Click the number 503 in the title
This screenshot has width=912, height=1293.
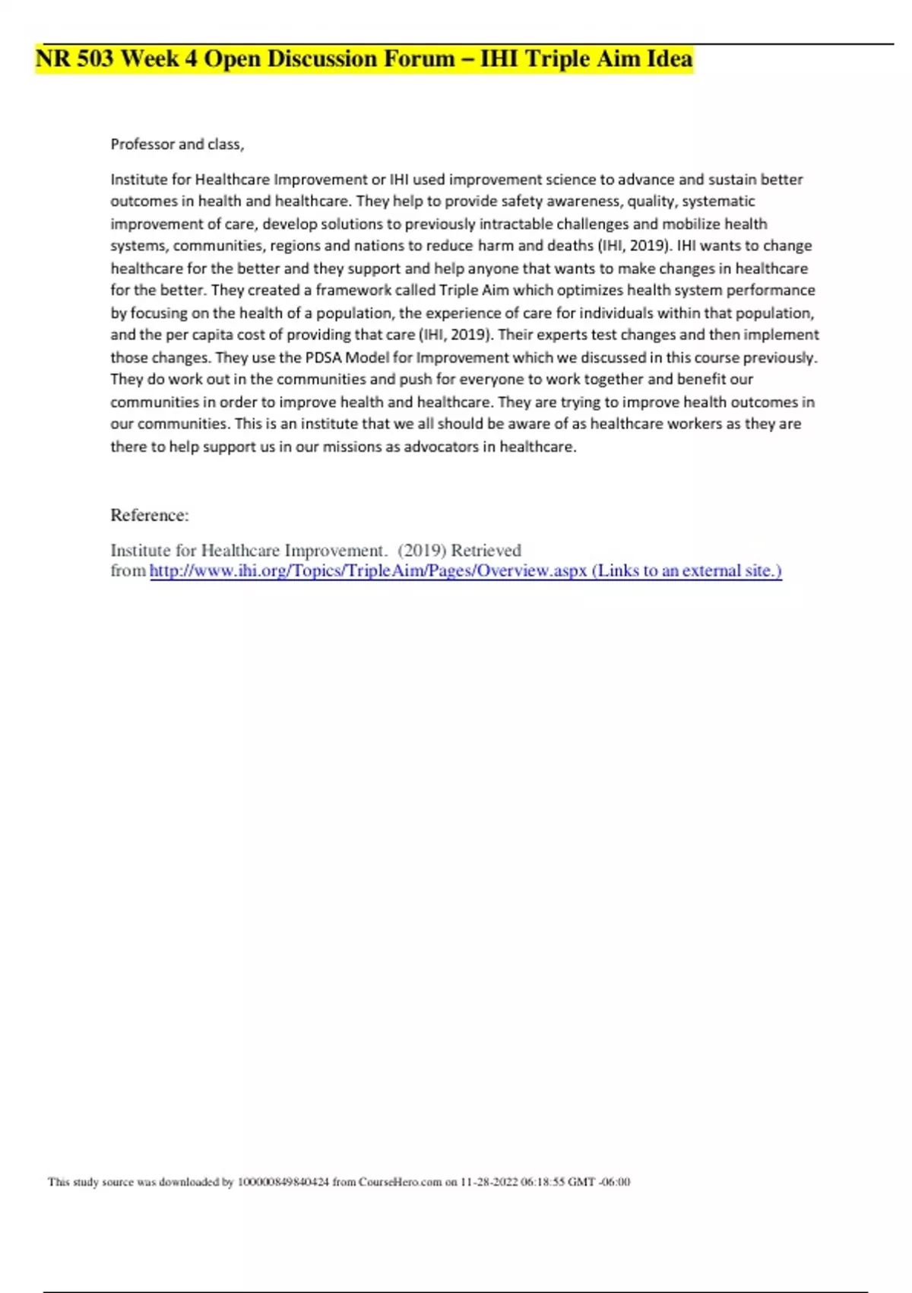coord(95,59)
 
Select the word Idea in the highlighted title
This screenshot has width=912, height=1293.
coord(670,59)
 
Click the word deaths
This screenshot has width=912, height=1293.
coord(570,246)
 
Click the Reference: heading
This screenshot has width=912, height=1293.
coord(150,515)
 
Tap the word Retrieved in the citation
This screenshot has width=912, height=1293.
coord(486,550)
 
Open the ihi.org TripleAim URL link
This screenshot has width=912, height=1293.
coord(368,570)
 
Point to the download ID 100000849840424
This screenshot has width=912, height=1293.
coord(283,1182)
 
